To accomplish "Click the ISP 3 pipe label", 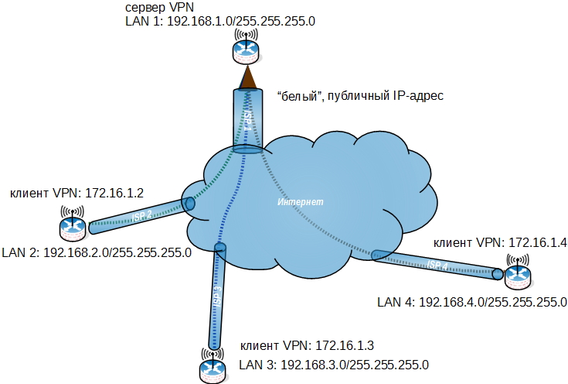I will [x=217, y=296].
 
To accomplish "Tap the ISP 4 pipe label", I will [x=437, y=265].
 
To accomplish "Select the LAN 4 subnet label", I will [x=472, y=301].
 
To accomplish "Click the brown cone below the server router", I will [x=247, y=77].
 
